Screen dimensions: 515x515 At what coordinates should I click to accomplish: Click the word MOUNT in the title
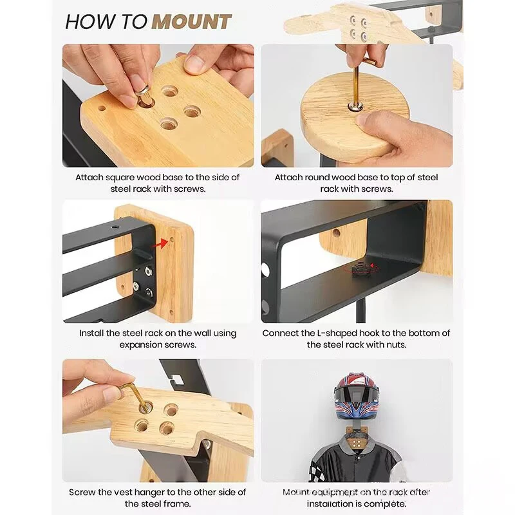(192, 22)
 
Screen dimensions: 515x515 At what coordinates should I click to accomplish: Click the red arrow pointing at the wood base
(160, 244)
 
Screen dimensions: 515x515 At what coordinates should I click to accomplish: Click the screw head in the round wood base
(356, 106)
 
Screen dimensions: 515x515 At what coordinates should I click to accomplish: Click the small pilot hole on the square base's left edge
(102, 108)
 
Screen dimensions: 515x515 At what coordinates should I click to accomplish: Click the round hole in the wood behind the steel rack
(336, 234)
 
